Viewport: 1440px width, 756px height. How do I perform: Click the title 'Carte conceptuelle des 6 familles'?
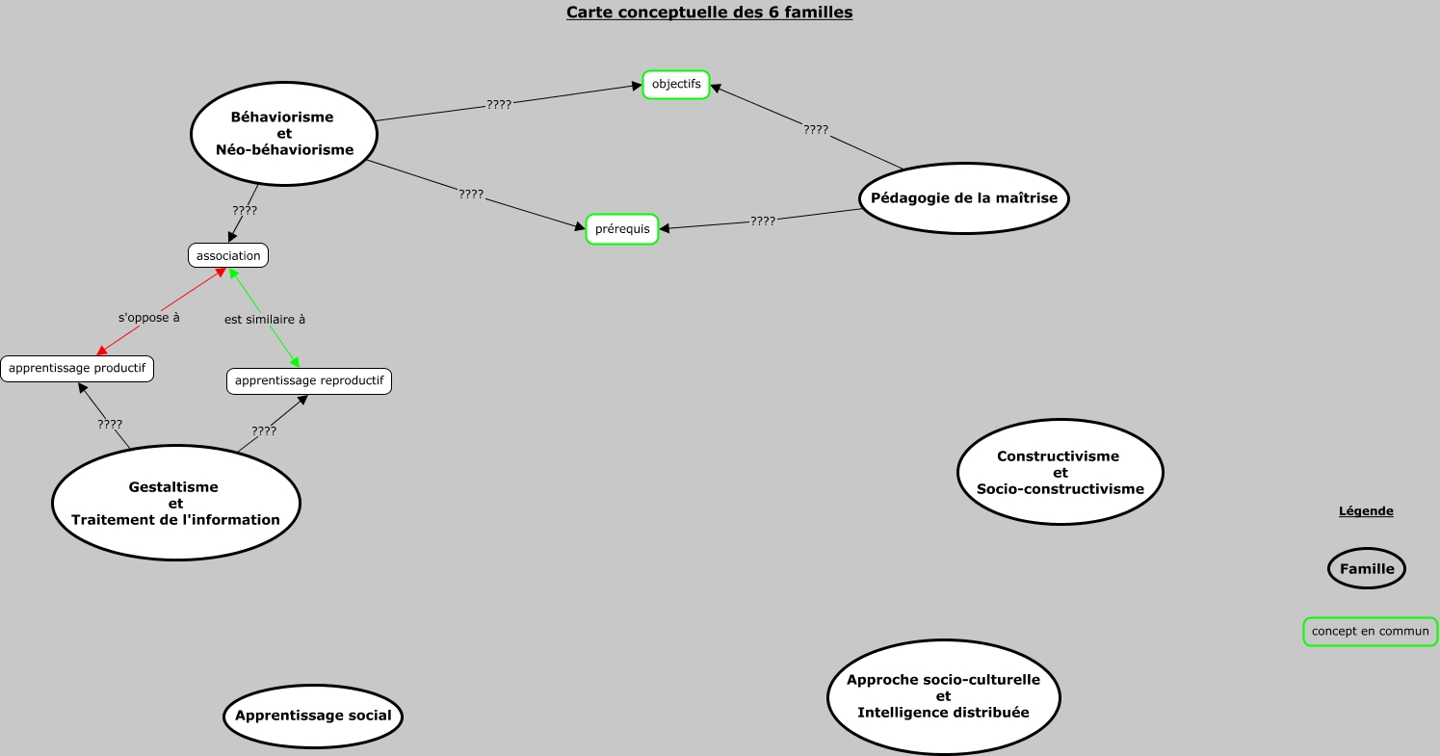pos(709,13)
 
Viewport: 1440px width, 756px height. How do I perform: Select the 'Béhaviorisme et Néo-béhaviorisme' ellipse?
pos(283,134)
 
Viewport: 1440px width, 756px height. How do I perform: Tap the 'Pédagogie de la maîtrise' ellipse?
pos(963,198)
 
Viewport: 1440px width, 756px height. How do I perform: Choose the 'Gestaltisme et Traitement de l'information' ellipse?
pos(175,503)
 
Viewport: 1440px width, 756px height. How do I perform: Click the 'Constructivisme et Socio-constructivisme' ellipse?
pos(1060,472)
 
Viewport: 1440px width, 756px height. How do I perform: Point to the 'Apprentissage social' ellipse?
pos(313,716)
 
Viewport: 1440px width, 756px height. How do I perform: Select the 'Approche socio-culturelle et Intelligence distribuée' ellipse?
pos(943,696)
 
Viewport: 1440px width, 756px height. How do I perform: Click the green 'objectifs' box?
pos(676,85)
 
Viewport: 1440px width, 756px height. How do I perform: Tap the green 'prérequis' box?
pos(622,229)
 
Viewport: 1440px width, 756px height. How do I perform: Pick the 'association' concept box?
pos(228,255)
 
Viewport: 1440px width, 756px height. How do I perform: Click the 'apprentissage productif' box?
pos(77,368)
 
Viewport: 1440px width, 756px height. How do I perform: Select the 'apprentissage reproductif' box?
pos(309,380)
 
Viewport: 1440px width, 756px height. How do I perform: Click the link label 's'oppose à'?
pos(149,317)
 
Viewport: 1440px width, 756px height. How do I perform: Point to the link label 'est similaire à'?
pos(265,319)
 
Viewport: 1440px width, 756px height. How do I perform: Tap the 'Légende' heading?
pos(1366,511)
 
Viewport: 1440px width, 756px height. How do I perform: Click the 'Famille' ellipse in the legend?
pos(1367,568)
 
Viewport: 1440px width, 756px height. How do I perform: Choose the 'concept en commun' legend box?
pos(1370,632)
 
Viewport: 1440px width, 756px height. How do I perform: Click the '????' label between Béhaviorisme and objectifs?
pos(499,104)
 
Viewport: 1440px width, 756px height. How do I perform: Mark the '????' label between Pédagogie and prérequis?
pos(763,221)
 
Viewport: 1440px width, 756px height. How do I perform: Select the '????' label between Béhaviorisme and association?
pos(245,210)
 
